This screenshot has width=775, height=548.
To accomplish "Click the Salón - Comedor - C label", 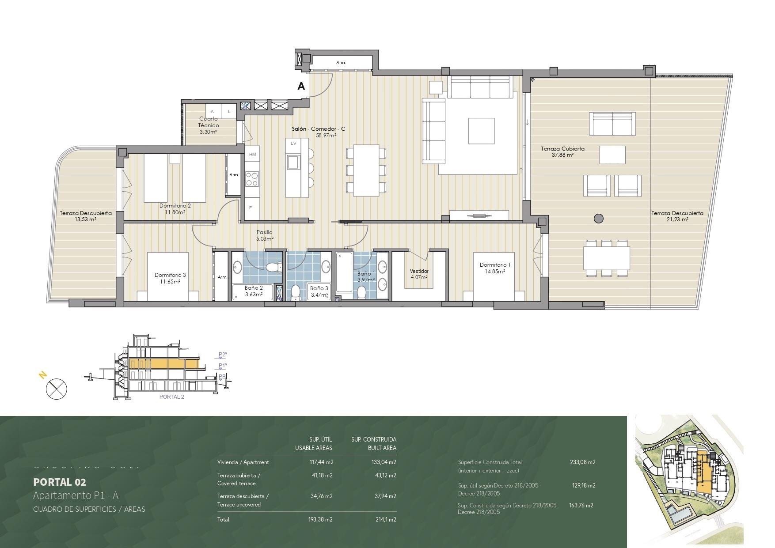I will coord(318,129).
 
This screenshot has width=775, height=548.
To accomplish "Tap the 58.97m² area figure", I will coord(326,136).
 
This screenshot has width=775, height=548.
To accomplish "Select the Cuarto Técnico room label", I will coord(209,122).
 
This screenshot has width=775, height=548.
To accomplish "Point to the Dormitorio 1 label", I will coord(495,265).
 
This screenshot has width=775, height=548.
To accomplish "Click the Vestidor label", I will coord(419,271).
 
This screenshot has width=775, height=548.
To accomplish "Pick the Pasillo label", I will coord(265,232).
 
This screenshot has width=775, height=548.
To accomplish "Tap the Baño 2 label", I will coord(254,288).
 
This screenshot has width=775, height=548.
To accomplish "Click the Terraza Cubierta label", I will coord(562,149).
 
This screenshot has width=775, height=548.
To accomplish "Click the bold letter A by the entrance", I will coord(301,87).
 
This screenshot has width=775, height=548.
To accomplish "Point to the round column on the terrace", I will coord(599,218).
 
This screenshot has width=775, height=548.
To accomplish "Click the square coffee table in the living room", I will coord(481,131).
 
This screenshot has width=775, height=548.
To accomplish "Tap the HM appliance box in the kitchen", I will coord(253,155).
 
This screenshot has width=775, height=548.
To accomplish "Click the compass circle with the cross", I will coord(57,389).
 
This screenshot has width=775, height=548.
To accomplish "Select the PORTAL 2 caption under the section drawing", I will coord(171,397).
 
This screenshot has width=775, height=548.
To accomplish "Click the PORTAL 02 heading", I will coord(60,482).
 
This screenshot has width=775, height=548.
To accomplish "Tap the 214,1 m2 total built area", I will coord(385,520).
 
